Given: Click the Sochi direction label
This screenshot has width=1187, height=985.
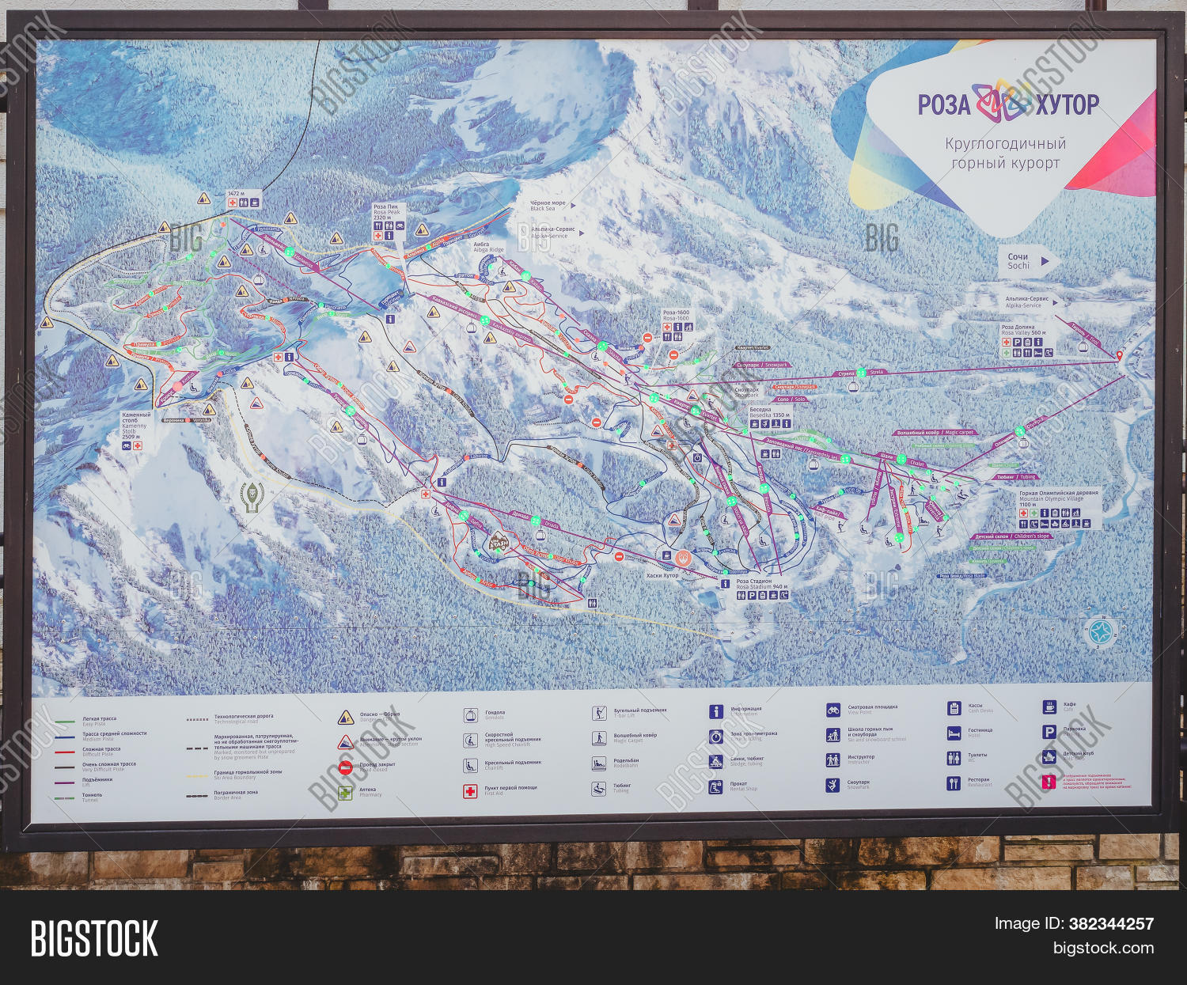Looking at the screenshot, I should pos(1018,261).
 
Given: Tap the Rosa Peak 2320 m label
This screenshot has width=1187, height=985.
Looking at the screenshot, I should pos(387,211).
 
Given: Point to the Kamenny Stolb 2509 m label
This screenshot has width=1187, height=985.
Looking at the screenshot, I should pos(135,425).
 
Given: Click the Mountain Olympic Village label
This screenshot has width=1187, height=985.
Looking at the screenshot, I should pos(1058,496).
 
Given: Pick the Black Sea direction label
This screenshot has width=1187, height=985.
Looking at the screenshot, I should pos(548,206).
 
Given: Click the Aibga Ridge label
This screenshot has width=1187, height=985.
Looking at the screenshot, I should pos(488,247).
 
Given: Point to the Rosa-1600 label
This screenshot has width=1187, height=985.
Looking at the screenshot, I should pos(676,315).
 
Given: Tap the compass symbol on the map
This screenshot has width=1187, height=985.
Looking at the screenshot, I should pos(1101,631).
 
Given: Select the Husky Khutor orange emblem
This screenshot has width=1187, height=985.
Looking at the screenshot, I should pos(684,558).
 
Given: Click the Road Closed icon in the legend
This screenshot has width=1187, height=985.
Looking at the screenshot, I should pos(345,767).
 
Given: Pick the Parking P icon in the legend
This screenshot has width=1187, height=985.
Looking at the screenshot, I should pos(1049,732).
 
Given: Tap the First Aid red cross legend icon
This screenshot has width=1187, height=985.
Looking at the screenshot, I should pos(470,790).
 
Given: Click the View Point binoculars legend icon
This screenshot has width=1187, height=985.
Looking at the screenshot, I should pos(832,710).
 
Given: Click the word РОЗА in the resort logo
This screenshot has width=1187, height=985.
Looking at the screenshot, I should pos(943,104).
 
